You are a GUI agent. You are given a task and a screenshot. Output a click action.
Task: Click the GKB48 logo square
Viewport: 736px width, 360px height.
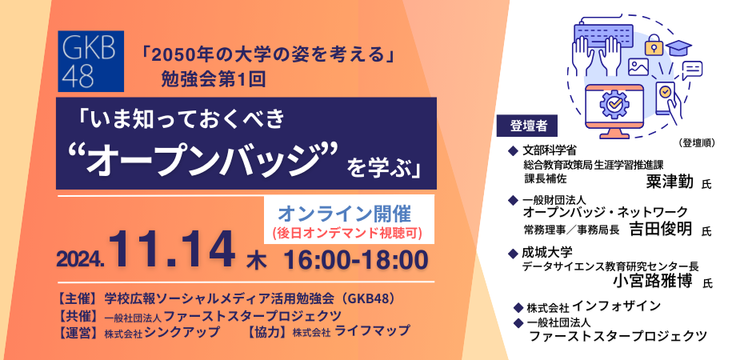[x=90, y=61]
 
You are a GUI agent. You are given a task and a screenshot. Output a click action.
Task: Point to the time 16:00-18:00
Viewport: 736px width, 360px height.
[x=356, y=258]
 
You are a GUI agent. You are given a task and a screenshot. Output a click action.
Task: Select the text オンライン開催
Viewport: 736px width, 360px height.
[x=345, y=214]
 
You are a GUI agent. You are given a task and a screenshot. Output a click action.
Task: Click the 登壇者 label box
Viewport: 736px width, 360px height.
[x=527, y=126]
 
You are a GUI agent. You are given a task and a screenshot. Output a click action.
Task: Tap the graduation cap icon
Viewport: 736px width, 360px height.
[x=679, y=48]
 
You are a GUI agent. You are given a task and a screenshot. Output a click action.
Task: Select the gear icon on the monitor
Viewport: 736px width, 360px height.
[x=612, y=102]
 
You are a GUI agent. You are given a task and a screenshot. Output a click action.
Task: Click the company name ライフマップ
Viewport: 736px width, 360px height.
[x=372, y=331]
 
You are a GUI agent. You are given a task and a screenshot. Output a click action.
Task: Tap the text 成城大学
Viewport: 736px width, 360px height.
[x=547, y=254]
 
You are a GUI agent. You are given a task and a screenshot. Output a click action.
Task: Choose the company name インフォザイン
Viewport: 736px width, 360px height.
[x=616, y=306]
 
